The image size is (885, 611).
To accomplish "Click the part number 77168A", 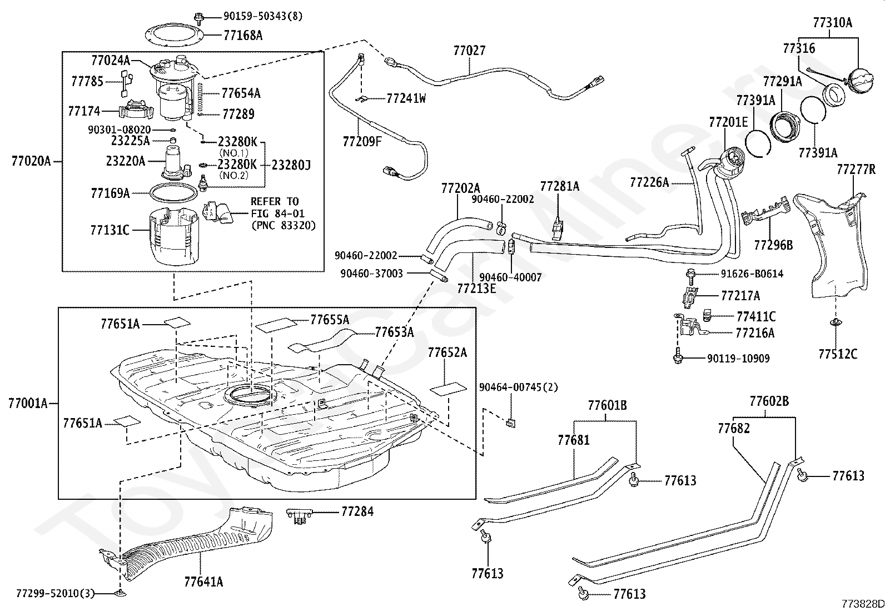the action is pos(243,36).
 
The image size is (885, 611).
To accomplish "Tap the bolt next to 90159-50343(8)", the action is pos(198,17).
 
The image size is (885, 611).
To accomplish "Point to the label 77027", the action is pos(469,51).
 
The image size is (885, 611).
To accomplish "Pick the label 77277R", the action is pos(856,170).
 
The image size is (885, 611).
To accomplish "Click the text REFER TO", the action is pos(275,202).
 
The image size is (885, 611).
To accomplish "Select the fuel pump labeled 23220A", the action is pos(176,163).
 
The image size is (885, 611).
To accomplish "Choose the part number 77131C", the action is pos(110,230).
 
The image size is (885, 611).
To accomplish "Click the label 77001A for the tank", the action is pos(28,404).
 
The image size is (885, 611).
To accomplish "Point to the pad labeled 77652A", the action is pos(448,389).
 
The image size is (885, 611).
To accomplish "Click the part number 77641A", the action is pos(203,582).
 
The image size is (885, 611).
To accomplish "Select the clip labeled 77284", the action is pos(300,516).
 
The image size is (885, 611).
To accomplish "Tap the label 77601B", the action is pos(607,405).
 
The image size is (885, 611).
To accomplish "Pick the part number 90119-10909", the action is pos(738,359).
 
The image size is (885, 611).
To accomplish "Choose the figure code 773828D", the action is pos(863,604).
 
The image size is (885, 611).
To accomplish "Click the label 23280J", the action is pos(291,165).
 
